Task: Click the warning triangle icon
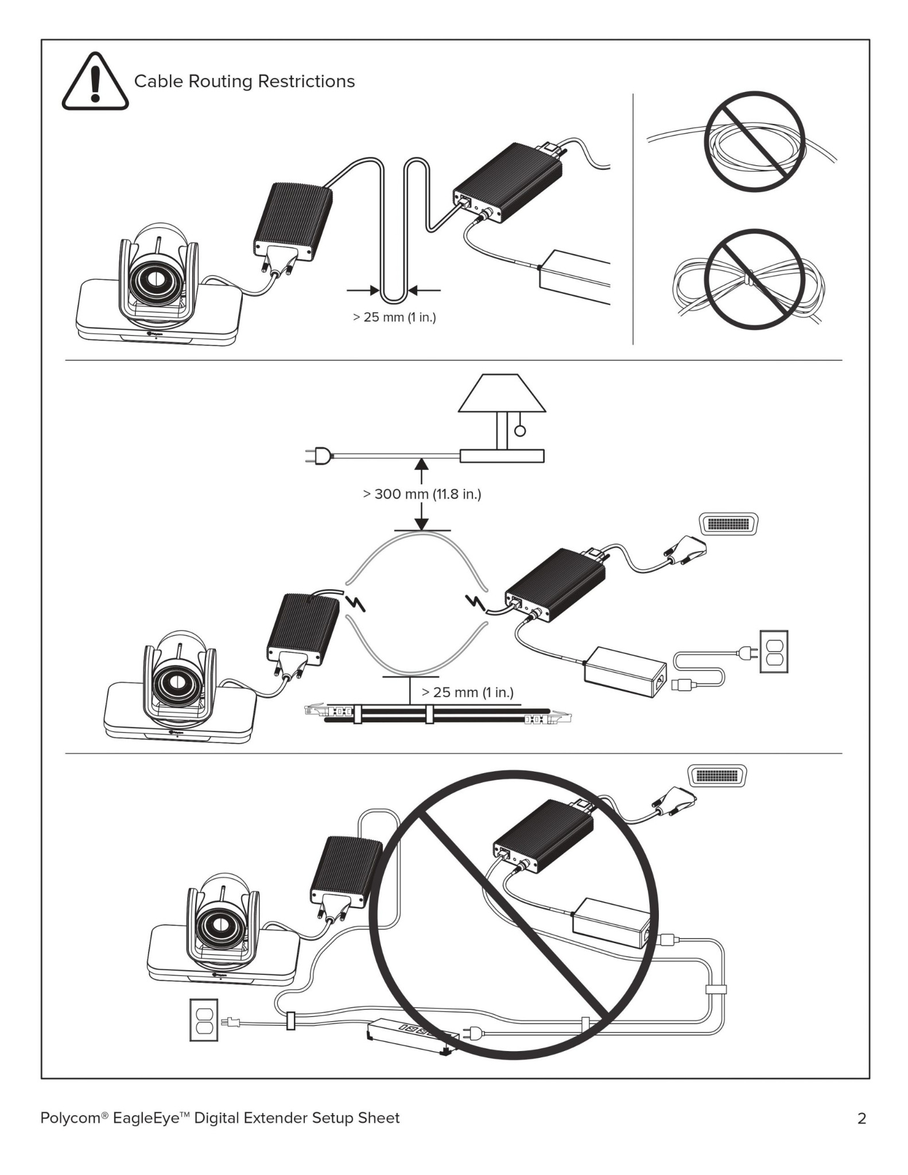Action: [95, 83]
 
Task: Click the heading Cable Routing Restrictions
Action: [244, 81]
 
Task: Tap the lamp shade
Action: [502, 394]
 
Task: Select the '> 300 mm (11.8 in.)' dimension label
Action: [422, 494]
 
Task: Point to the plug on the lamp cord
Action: [316, 457]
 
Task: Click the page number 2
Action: [861, 1118]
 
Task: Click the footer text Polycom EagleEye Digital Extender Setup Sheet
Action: [220, 1118]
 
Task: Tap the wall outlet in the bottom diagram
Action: [203, 1020]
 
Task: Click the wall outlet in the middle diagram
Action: [774, 651]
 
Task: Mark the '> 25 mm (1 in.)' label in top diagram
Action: [394, 317]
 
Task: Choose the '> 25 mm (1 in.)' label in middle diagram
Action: [467, 692]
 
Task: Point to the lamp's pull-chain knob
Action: [519, 431]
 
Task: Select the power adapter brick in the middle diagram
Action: [624, 672]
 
